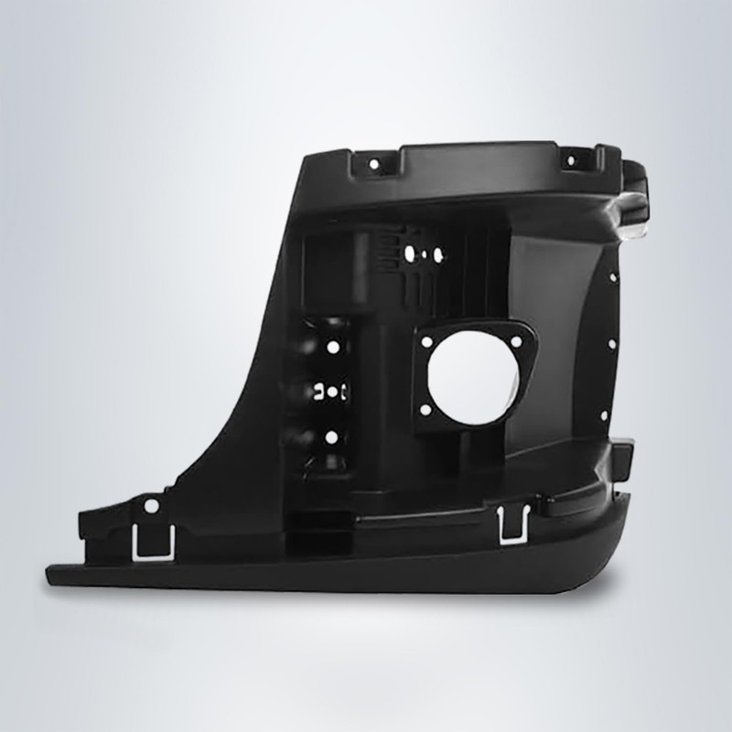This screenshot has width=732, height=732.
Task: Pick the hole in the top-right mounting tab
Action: tap(572, 161)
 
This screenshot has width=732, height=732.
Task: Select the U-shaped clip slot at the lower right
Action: tap(509, 524)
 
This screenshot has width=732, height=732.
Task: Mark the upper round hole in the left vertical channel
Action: tap(333, 349)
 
